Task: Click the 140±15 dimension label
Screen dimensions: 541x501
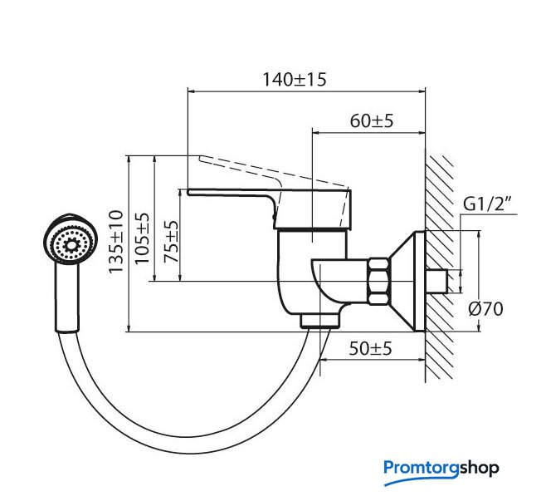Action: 295,80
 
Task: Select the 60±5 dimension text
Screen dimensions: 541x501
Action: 372,121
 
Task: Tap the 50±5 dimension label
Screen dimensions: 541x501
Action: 371,348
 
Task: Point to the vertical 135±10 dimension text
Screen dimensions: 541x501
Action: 116,242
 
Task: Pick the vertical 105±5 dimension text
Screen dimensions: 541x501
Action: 142,238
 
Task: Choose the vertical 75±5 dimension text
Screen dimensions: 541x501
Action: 171,242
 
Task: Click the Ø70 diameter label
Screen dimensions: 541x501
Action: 485,308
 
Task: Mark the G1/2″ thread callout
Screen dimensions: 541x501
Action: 487,204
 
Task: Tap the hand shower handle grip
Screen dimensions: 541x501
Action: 67,297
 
